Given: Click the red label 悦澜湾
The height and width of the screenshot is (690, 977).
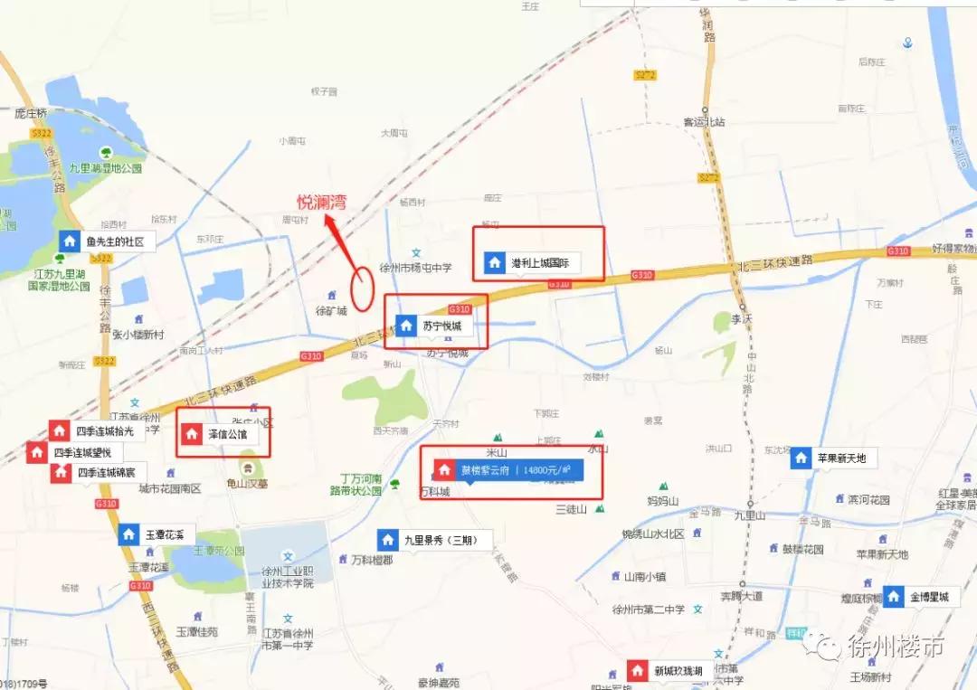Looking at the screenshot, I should [321, 203].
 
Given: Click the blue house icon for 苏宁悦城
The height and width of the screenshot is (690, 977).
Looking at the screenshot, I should [406, 325].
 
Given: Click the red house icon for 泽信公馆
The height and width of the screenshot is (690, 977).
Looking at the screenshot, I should [192, 434].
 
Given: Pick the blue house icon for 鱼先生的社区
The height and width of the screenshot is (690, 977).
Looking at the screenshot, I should [70, 241].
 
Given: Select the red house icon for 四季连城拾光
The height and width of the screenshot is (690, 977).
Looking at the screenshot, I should [60, 430].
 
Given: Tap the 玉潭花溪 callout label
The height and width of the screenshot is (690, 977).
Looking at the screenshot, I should [165, 534].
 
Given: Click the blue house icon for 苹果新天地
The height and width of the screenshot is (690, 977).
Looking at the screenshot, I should [801, 458].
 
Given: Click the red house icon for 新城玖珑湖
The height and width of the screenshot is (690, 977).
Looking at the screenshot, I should [638, 671].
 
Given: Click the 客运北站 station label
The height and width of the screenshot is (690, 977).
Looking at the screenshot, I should [704, 122].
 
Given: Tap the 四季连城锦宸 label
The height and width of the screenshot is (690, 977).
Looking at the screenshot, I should [105, 472].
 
